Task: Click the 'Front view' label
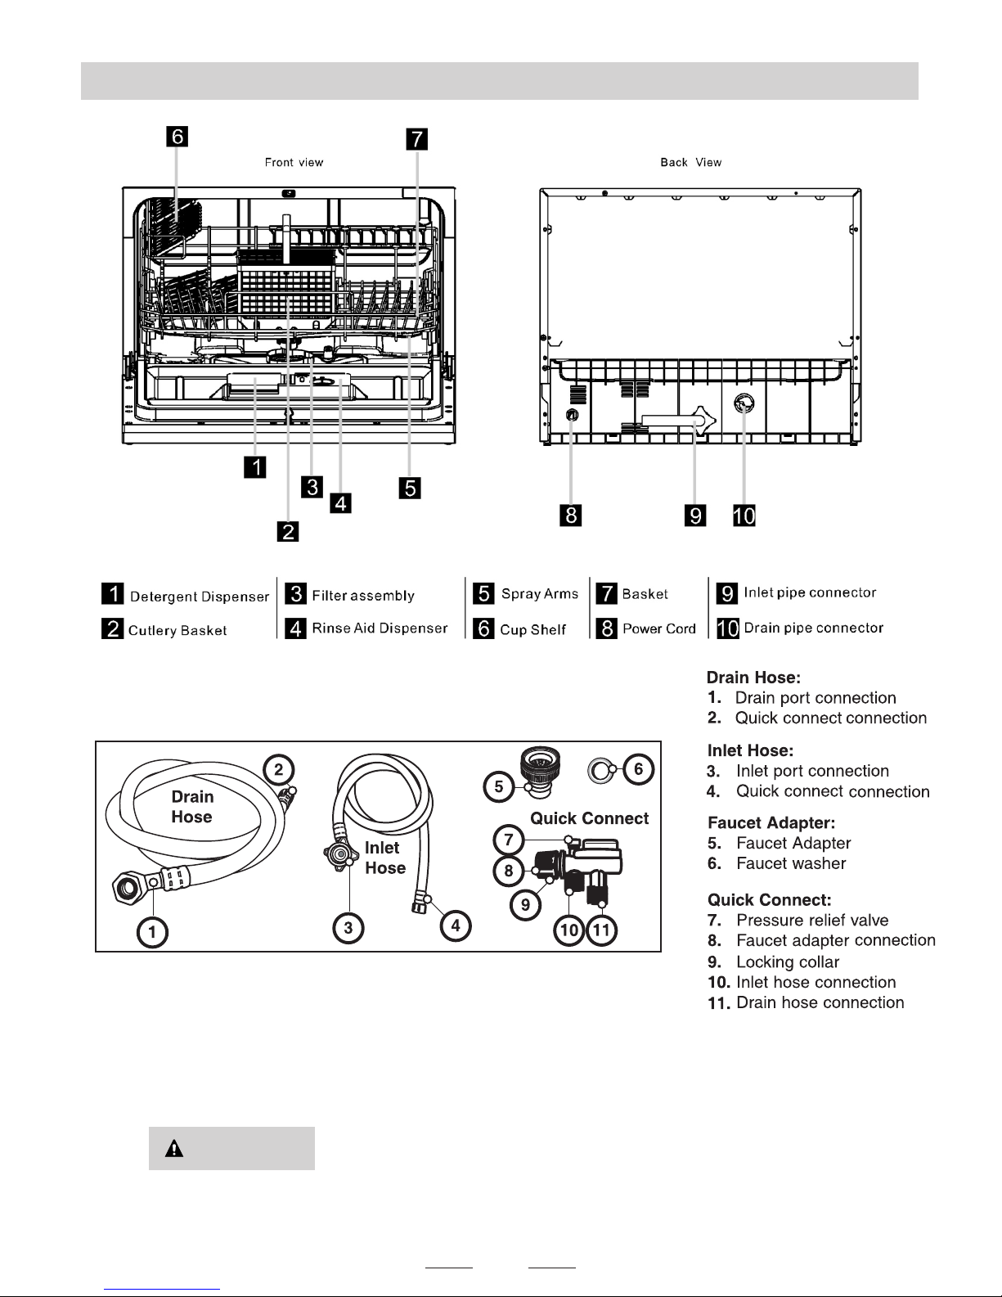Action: click(x=294, y=163)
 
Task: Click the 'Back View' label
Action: click(x=691, y=163)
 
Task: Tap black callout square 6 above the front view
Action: click(x=177, y=136)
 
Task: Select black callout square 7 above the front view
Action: click(x=416, y=139)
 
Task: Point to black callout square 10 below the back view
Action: click(x=744, y=516)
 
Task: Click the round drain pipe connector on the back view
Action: click(x=744, y=403)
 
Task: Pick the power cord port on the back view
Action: click(x=572, y=415)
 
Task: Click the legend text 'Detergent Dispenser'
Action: click(x=199, y=597)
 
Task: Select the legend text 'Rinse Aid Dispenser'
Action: click(x=380, y=628)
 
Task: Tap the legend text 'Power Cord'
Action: click(x=658, y=629)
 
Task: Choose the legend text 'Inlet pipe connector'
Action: click(x=810, y=593)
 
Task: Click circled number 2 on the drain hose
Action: click(x=279, y=768)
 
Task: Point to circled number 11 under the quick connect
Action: click(x=601, y=930)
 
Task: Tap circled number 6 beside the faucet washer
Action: click(x=639, y=768)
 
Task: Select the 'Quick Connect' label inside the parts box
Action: click(x=589, y=818)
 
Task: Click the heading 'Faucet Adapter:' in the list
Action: click(x=771, y=823)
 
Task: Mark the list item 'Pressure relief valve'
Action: click(x=811, y=921)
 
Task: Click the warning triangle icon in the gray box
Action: click(x=173, y=1149)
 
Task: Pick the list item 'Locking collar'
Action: click(x=788, y=962)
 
